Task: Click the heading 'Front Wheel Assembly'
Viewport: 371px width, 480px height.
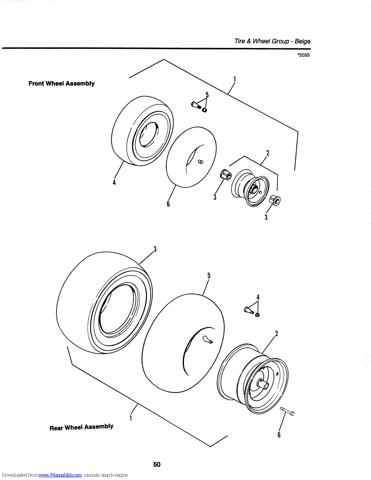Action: [61, 83]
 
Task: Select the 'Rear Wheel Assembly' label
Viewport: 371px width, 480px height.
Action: [81, 427]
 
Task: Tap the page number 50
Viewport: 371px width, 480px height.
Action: [157, 464]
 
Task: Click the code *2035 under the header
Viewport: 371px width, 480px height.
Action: [303, 55]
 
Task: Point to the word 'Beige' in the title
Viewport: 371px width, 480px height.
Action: [302, 41]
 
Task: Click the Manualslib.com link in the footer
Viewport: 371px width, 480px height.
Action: [60, 475]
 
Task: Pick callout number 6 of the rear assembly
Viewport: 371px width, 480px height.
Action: [279, 435]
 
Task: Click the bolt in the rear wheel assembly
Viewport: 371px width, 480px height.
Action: [287, 411]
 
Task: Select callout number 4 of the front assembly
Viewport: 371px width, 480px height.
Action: [114, 182]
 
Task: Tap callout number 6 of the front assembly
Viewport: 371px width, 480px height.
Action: [168, 204]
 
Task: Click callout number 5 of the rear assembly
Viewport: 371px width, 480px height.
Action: [209, 275]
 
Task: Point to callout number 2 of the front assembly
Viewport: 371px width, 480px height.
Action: [268, 153]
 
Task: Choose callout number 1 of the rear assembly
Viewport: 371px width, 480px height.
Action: [131, 418]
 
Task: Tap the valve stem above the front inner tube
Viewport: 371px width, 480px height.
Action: [196, 105]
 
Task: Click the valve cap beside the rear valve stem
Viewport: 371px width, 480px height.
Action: [257, 315]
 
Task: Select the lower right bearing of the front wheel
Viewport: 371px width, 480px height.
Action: [275, 200]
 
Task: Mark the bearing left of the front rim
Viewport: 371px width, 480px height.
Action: [226, 174]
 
